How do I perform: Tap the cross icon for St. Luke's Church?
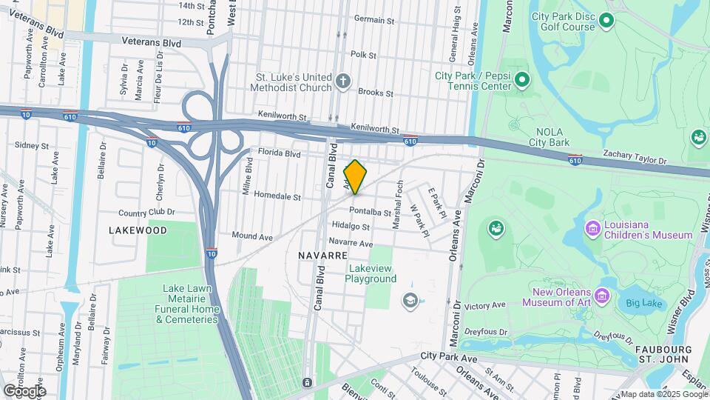click(342, 81)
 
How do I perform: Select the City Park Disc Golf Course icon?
click(607, 19)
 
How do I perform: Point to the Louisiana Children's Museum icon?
click(592, 227)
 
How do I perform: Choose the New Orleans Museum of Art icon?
click(602, 297)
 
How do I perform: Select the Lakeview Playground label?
click(371, 273)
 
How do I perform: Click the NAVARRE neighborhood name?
click(322, 255)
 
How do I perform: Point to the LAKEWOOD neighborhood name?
click(138, 230)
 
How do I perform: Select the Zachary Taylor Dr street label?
click(635, 160)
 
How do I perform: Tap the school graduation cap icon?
click(409, 300)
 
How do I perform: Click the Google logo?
click(24, 390)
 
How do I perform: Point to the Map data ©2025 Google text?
click(663, 394)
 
